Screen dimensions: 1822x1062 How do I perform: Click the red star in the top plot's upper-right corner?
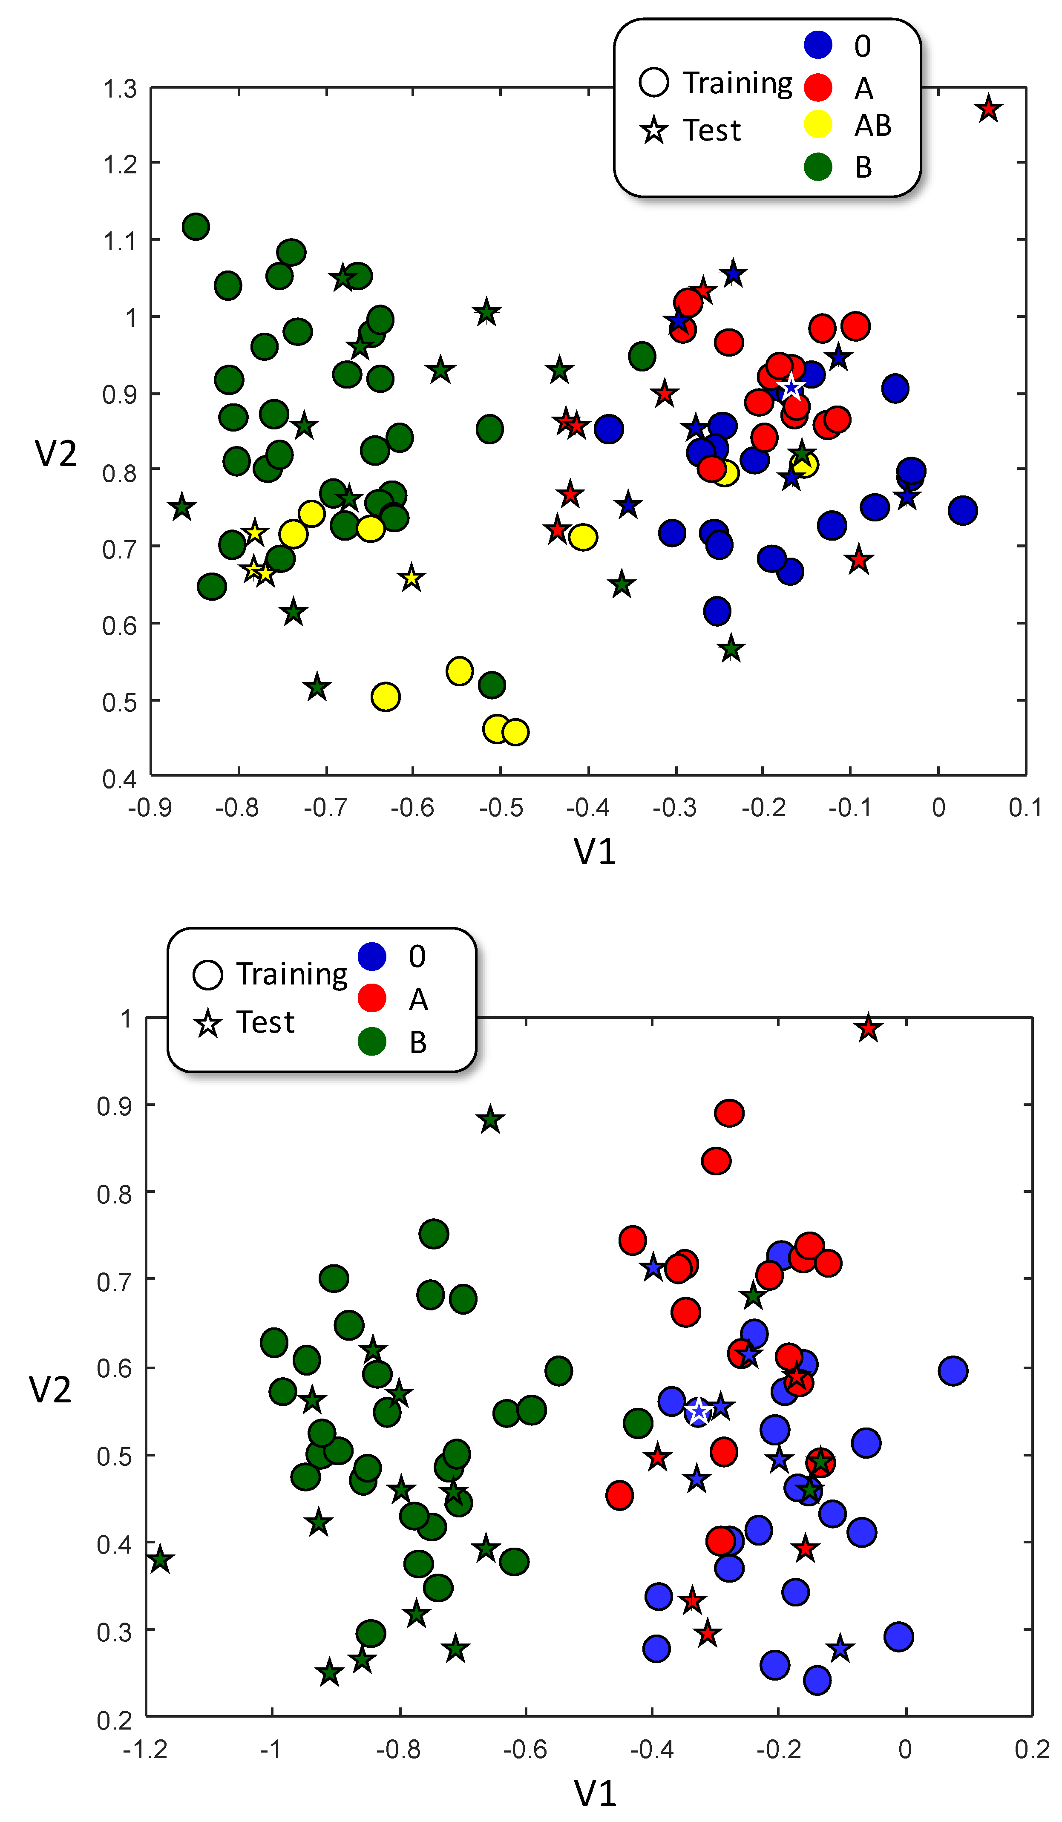point(987,110)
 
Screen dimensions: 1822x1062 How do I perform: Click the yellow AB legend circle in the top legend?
point(817,124)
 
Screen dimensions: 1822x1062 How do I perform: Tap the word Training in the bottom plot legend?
point(291,975)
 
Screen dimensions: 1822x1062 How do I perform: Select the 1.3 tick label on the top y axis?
point(119,89)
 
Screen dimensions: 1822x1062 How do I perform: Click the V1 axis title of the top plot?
point(594,851)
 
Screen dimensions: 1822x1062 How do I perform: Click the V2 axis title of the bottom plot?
point(50,1390)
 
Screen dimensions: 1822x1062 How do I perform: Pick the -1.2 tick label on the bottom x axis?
point(145,1749)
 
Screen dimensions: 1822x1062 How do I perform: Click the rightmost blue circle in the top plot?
point(962,510)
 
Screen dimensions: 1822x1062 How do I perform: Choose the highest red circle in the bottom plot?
point(729,1113)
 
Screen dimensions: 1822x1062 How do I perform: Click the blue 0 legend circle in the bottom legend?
point(371,956)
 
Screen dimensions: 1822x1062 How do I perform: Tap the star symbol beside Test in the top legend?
point(653,131)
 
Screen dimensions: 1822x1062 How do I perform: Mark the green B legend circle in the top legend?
point(817,167)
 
